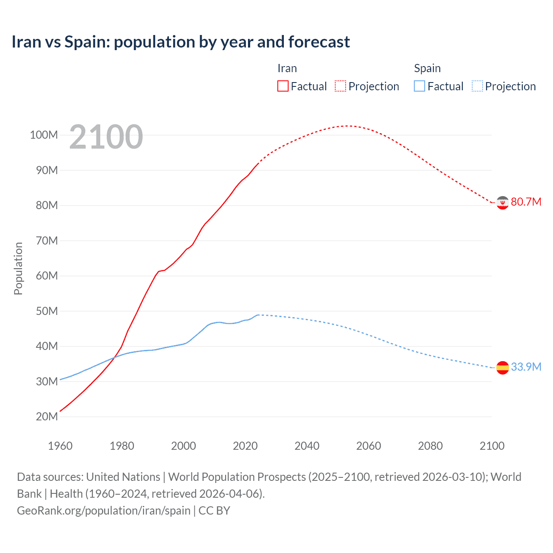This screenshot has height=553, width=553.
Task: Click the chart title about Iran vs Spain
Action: pos(181,42)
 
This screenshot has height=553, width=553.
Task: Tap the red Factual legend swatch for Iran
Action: pos(283,86)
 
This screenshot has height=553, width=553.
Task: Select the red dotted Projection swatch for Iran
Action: pos(340,86)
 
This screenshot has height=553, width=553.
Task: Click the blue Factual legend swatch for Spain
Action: pos(420,86)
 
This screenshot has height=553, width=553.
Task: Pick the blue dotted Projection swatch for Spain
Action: pos(477,86)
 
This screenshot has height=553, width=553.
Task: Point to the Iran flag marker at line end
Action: pos(502,203)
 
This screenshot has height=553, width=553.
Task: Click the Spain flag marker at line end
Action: pos(502,368)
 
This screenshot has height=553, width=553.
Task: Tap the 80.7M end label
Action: pos(526,202)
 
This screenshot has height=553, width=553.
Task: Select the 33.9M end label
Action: pos(526,367)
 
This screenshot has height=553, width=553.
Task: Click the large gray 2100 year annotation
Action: pos(106,137)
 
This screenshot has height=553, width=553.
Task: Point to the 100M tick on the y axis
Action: pos(44,135)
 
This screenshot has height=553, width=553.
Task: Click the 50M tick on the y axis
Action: pos(47,311)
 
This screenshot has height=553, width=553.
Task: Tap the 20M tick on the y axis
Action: pos(47,417)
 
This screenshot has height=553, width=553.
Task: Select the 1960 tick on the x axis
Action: pos(60,446)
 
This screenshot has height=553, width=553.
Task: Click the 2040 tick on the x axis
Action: pos(307,446)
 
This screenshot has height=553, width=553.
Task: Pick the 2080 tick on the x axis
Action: pos(430,446)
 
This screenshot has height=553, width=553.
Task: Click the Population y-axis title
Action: pos(18,268)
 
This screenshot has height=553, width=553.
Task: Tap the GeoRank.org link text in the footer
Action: pos(104,511)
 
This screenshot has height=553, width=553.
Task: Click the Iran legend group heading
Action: pos(287,68)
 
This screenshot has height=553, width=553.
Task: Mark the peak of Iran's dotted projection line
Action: pos(347,126)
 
